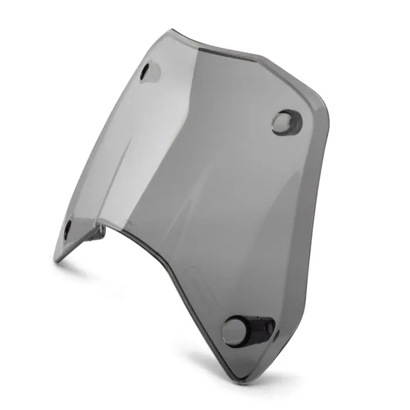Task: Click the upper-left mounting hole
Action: click(x=146, y=71)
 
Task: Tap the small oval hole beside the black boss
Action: click(x=276, y=334)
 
